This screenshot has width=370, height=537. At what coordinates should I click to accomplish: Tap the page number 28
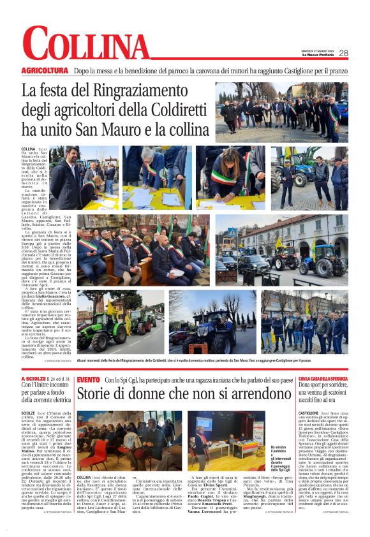344,53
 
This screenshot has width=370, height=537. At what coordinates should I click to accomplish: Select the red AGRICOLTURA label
45,70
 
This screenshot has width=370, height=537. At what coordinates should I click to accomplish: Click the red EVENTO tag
88,380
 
